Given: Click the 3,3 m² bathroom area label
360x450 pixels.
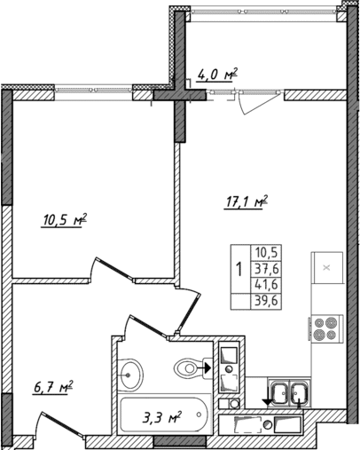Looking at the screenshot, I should pyautogui.click(x=162, y=414).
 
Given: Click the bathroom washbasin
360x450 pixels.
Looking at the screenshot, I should pyautogui.click(x=132, y=373).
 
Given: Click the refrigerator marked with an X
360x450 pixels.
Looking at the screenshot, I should pyautogui.click(x=325, y=267).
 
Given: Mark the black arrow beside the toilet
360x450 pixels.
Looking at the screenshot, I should pyautogui.click(x=207, y=365).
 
